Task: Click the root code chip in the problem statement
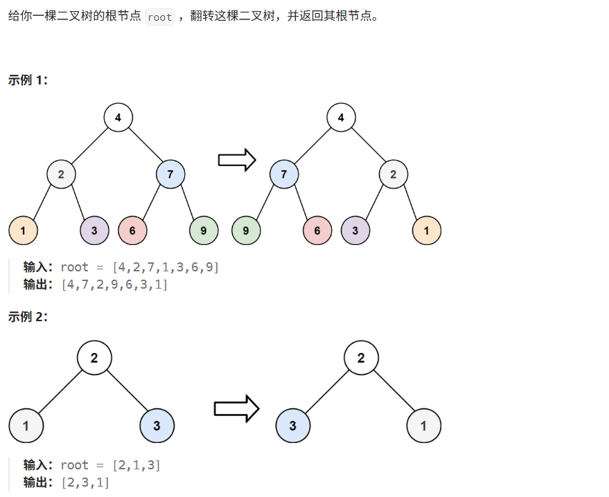[159, 17]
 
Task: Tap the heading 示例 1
[28, 80]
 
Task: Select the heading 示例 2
[28, 316]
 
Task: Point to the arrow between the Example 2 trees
[236, 408]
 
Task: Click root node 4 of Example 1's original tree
[118, 118]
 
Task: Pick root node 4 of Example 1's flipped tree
[341, 118]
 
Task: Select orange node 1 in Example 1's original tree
[23, 231]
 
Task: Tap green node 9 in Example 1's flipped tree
[246, 231]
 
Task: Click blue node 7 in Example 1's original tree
[170, 174]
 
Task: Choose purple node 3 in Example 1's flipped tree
[355, 231]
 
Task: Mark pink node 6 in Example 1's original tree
[132, 231]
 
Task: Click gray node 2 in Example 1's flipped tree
[393, 174]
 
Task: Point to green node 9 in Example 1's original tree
[204, 231]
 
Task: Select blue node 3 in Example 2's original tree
[157, 426]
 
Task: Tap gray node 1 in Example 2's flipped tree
[424, 426]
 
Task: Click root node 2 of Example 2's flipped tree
[361, 358]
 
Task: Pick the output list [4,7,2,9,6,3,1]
[114, 284]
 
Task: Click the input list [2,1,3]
[136, 465]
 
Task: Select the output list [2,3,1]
[85, 482]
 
